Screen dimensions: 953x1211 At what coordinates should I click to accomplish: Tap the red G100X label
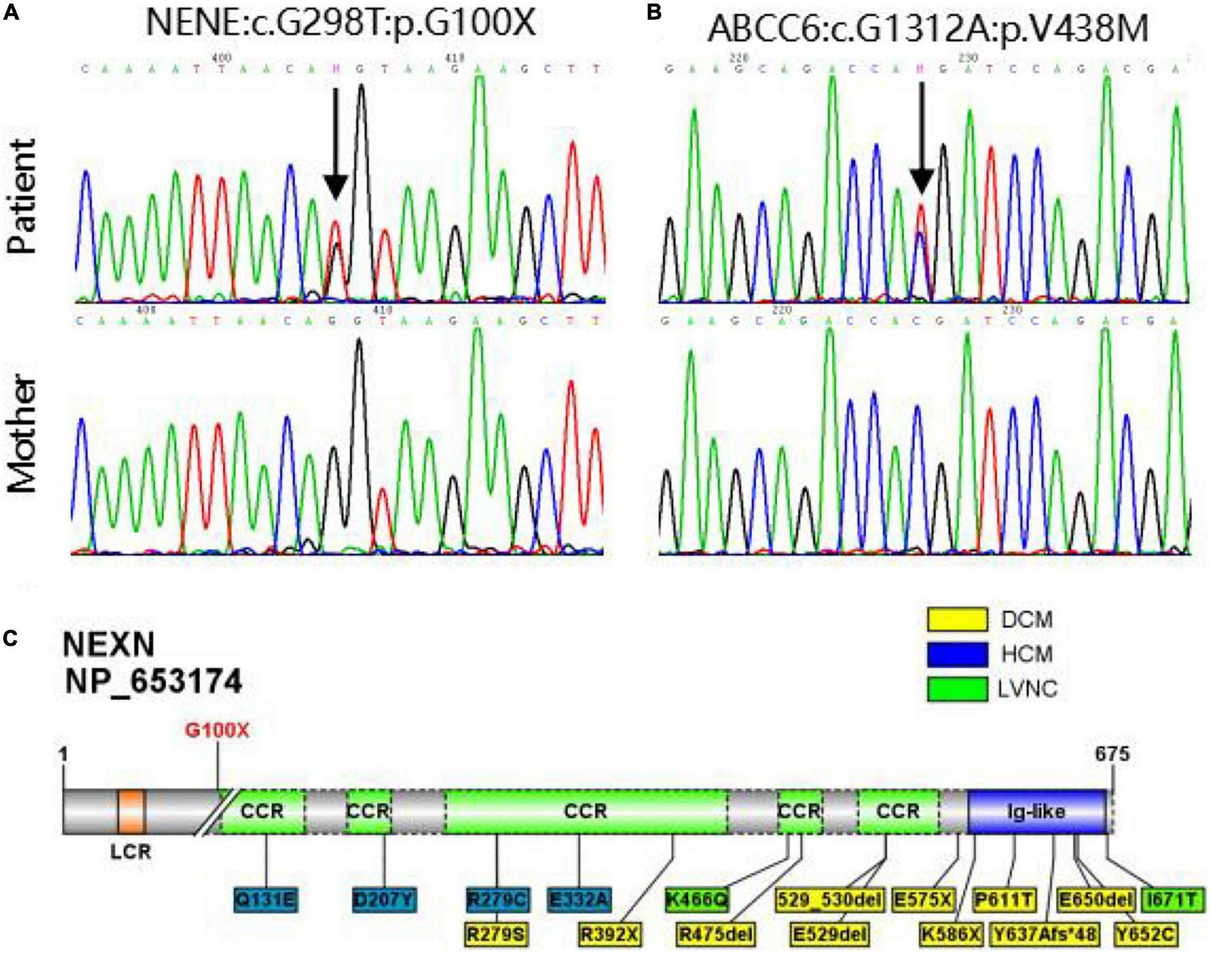[217, 730]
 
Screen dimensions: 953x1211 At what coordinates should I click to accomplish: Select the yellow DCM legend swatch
[957, 619]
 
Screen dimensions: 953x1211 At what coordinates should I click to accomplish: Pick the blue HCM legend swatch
[957, 654]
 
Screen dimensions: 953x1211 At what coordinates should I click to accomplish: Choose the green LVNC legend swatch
[957, 688]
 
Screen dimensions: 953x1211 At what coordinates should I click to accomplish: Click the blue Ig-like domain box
[1037, 811]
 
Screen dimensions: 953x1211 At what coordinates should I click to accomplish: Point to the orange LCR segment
[131, 811]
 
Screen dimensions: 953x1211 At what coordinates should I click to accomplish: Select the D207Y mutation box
[383, 900]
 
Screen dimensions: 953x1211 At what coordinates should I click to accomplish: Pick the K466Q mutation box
[696, 900]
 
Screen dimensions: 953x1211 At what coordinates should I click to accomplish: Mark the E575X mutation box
[923, 900]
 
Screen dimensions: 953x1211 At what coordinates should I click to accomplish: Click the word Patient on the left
[23, 196]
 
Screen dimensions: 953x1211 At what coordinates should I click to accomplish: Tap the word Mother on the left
[23, 434]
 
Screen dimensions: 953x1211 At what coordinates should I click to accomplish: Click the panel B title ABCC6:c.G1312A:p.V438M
[927, 29]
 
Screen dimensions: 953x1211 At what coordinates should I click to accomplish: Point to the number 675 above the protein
[1112, 754]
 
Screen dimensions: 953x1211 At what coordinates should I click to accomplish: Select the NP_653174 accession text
[153, 682]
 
